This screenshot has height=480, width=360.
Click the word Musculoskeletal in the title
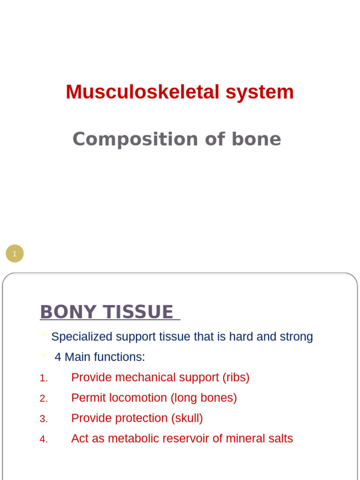[142, 92]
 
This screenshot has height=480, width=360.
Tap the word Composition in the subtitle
[131, 139]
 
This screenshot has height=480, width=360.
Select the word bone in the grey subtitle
[256, 139]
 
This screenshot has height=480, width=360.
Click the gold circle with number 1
[15, 254]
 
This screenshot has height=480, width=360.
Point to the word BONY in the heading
[63, 312]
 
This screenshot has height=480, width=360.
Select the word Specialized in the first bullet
[82, 337]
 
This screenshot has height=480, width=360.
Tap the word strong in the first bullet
[296, 337]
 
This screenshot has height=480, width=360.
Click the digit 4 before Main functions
[58, 357]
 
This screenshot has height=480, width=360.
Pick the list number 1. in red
[44, 378]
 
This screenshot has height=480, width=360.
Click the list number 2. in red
[44, 398]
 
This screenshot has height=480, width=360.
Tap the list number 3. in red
[44, 419]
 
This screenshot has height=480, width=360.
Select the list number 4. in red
[44, 439]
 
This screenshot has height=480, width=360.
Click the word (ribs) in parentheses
[236, 377]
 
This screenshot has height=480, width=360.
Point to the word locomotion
[138, 398]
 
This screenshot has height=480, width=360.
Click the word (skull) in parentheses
[187, 418]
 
